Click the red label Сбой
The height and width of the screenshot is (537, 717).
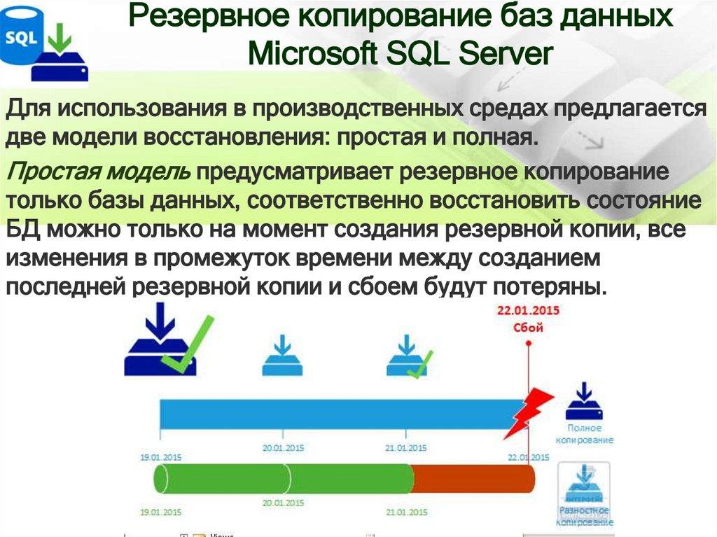coord(529,326)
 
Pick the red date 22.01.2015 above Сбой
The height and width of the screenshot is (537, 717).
coord(529,310)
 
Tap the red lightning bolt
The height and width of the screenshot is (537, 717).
coord(528,412)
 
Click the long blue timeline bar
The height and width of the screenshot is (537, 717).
coord(336,413)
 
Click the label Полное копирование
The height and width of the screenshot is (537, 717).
coord(585,434)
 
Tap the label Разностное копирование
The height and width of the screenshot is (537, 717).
coord(584,516)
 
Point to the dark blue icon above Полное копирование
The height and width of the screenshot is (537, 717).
coord(584,401)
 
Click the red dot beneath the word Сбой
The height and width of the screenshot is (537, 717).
coord(529,342)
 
